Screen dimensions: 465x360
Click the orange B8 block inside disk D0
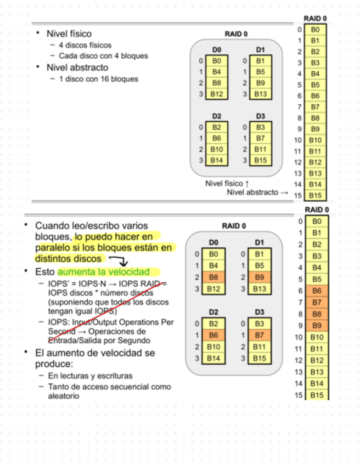216,277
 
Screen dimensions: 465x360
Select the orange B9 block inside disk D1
260,277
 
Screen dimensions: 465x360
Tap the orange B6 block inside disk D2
216,334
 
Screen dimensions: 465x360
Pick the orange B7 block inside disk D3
260,334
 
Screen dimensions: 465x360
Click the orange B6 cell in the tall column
317,291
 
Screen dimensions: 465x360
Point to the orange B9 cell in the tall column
317,325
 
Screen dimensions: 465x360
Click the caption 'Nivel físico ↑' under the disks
227,183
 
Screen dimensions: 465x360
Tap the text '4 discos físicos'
85,45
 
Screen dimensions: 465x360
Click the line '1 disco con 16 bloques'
98,79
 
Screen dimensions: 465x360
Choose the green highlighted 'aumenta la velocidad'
103,271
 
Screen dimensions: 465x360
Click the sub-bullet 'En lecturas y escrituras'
90,376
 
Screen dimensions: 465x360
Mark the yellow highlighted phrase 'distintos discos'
68,258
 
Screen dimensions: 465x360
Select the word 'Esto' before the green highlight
45,271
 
